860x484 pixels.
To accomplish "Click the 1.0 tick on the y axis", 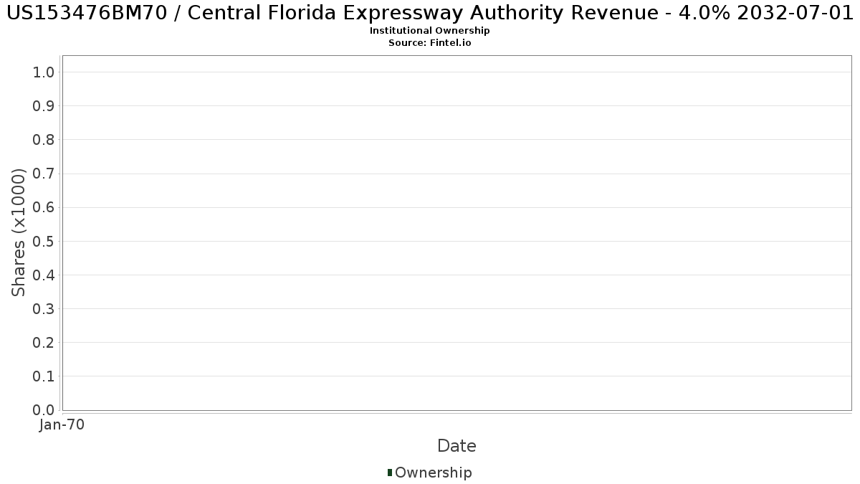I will tap(44, 72).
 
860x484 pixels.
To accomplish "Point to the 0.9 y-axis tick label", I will tap(44, 106).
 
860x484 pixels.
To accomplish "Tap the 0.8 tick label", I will tap(44, 140).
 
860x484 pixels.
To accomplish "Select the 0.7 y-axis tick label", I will tap(44, 174).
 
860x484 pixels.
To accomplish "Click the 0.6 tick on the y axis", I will tap(44, 207).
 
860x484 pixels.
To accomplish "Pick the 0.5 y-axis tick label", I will tap(44, 241).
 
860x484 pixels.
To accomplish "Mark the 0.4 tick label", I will tap(44, 275).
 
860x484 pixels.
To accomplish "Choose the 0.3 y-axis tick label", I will tap(44, 309).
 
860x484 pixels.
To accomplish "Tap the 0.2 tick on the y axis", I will tap(44, 343).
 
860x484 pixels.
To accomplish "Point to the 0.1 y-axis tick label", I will tap(44, 376).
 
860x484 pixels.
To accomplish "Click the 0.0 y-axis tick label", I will tap(44, 410).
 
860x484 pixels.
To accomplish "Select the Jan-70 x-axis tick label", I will tap(62, 425).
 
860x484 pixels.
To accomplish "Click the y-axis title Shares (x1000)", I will tap(19, 232).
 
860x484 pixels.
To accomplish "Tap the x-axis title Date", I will tap(457, 446).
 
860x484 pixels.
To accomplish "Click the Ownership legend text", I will tap(434, 473).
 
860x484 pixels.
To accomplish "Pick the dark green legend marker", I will tap(390, 473).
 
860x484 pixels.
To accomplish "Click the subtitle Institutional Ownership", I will tap(430, 31).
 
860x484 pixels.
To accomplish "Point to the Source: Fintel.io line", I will tap(430, 42).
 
